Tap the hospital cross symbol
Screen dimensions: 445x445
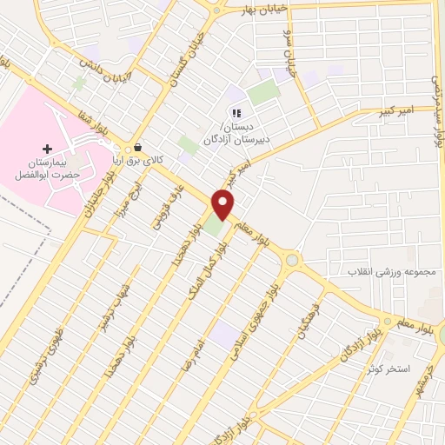tap(47, 149)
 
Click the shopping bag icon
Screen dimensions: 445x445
tap(138, 147)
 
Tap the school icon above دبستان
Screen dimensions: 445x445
tap(235, 113)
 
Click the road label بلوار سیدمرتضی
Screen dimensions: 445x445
tap(436, 104)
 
